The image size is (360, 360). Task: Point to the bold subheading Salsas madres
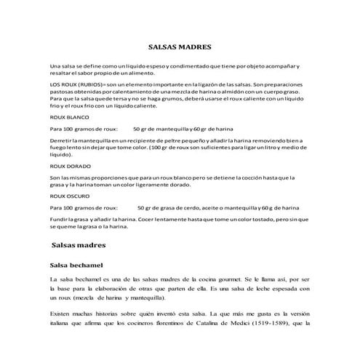pyautogui.click(x=80, y=245)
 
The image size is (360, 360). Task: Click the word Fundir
pyautogui.click(x=60, y=217)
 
